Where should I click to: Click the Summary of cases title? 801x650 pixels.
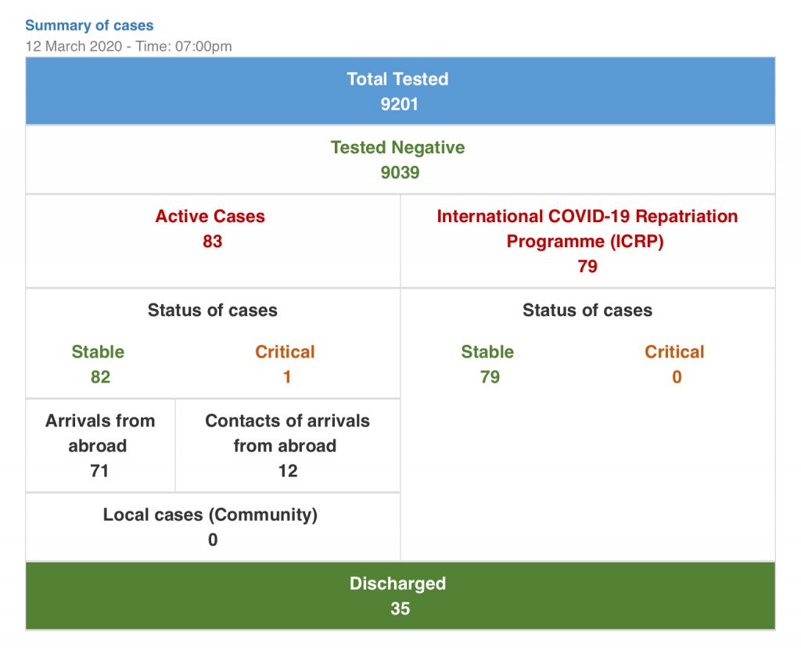tap(89, 26)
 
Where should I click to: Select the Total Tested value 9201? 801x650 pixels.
tap(400, 104)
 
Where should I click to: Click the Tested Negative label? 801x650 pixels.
tap(397, 148)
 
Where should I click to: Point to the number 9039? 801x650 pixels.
tap(400, 173)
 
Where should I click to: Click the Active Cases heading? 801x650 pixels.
tap(210, 217)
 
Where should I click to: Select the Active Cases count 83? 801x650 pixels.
tap(213, 242)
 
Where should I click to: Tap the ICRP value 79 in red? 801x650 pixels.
tap(587, 267)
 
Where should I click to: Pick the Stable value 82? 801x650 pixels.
tap(100, 377)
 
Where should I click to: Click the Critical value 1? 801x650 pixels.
tap(287, 377)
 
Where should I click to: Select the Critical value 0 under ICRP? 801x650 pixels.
tap(677, 377)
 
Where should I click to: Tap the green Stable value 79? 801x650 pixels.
tap(490, 377)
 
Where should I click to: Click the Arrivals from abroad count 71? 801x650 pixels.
tap(99, 471)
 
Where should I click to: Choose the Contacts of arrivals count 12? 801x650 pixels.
tap(288, 471)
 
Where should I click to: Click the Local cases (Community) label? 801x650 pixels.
tap(210, 515)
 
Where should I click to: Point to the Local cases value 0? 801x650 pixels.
tap(213, 540)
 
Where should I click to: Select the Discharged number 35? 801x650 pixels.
tap(400, 609)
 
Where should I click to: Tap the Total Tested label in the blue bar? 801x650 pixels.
tap(397, 79)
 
